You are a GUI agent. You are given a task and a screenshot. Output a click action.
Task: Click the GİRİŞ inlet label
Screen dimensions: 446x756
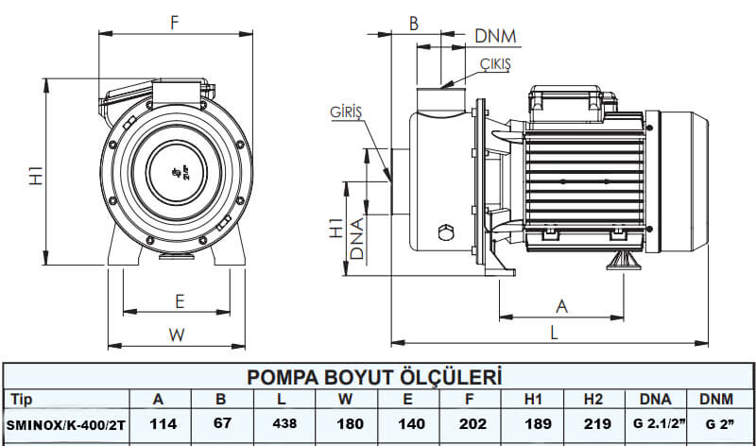click(x=347, y=111)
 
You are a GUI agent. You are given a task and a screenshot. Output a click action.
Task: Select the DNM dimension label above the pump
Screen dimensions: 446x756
click(x=495, y=37)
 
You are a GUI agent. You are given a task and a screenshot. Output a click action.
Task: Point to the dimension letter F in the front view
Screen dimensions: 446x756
click(x=175, y=25)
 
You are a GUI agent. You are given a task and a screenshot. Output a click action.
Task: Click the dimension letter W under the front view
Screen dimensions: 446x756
click(x=177, y=334)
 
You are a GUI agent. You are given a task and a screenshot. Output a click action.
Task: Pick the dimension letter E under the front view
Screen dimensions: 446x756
click(x=179, y=300)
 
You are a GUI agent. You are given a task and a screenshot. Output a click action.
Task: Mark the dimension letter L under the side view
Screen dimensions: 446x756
click(x=555, y=333)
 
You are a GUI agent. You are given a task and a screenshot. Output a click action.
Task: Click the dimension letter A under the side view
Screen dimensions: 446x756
click(x=562, y=305)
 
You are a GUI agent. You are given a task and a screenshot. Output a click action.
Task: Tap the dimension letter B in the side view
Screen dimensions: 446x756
click(x=414, y=25)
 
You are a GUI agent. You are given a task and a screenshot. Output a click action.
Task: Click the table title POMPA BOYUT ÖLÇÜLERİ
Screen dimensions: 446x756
click(x=373, y=377)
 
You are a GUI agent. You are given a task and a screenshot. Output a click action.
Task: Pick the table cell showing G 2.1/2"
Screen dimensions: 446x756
click(x=654, y=424)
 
